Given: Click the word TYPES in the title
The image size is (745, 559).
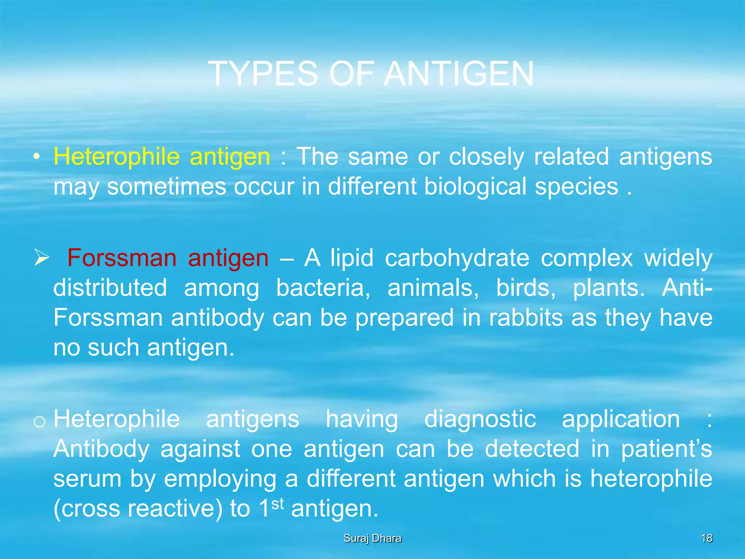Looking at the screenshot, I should click(263, 74).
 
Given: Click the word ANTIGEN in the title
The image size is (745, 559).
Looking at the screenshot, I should click(459, 74).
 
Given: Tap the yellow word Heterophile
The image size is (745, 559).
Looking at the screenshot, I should click(116, 157).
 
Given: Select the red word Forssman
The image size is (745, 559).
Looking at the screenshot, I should click(122, 258).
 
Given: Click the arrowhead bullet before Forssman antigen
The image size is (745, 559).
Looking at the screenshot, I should click(41, 257).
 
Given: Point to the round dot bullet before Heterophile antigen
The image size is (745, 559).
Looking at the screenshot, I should click(36, 157).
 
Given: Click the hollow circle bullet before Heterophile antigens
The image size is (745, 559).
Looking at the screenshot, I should click(39, 421).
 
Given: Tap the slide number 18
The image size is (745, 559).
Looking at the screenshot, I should click(706, 538).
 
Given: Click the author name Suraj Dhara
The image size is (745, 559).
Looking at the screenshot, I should click(372, 538).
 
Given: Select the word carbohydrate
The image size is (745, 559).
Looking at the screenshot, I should click(457, 258).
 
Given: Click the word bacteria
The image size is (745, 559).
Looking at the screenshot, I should click(323, 288).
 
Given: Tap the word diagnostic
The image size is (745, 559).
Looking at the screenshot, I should click(480, 419).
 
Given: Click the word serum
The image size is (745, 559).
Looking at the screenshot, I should click(87, 479).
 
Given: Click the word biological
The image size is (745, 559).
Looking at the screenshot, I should click(475, 187).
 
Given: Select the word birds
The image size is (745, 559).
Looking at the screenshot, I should click(526, 288).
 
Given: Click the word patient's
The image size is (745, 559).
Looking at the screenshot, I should click(666, 449).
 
